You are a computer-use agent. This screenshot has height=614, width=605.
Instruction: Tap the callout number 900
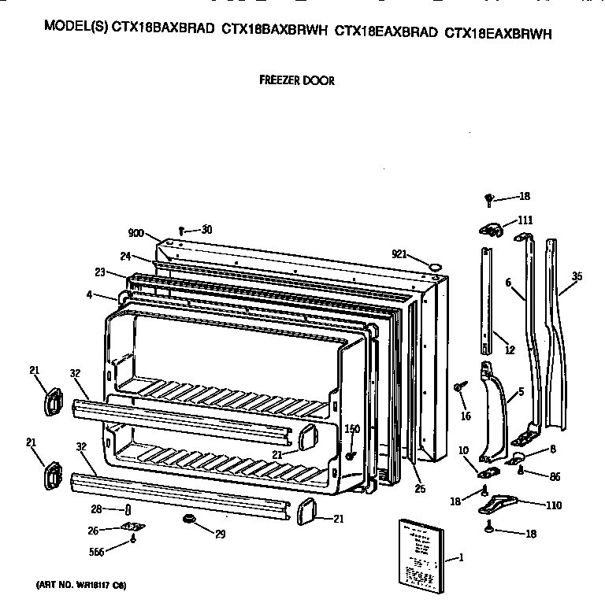[x=137, y=232]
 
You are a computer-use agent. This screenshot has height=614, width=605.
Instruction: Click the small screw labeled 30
[x=181, y=230]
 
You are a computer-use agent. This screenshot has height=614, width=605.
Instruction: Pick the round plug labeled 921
[x=433, y=267]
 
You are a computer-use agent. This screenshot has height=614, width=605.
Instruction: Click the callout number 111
[x=525, y=220]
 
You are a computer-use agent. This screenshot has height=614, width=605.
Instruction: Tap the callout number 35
[x=577, y=276]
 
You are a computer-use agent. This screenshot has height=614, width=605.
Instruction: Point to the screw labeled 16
[x=458, y=387]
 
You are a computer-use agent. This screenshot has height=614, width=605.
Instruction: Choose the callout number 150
[x=352, y=428]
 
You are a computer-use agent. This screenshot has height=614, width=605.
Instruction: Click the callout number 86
[x=555, y=476]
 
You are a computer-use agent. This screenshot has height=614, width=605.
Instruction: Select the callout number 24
[x=125, y=257]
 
